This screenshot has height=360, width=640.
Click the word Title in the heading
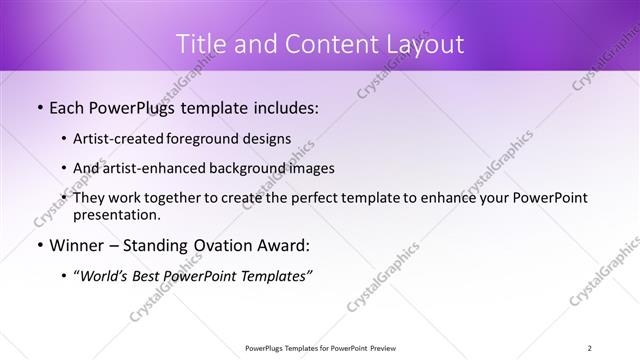(x=199, y=44)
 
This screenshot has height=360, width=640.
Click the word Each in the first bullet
(x=67, y=108)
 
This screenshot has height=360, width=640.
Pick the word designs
(x=268, y=139)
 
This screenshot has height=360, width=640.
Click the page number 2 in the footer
(x=590, y=348)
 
